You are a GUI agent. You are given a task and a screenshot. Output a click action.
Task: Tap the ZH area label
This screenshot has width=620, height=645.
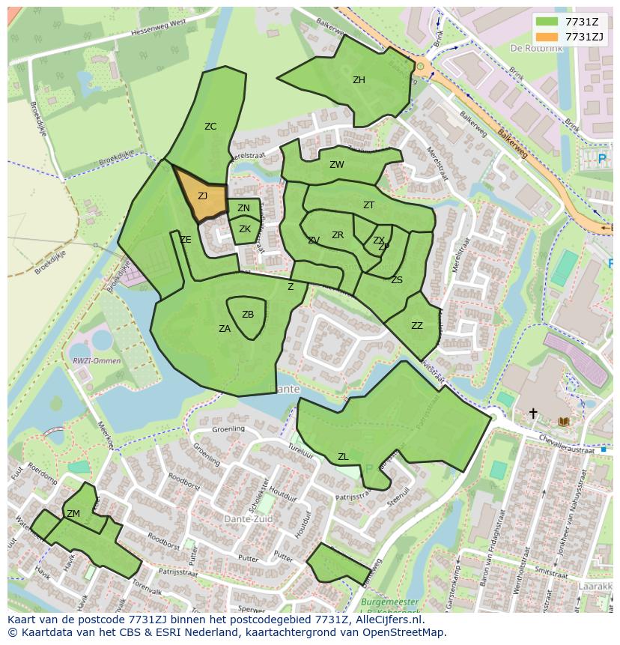pos(359,80)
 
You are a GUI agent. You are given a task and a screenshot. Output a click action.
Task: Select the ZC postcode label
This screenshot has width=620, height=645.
pos(210,127)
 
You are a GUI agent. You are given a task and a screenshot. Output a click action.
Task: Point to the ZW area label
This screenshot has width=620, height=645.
pos(337,165)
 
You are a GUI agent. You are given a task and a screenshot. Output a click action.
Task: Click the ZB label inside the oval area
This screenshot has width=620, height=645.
pos(248,315)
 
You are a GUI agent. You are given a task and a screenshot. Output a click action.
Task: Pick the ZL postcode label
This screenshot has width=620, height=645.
pos(343,457)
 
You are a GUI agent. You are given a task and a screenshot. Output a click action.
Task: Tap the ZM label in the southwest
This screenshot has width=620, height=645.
pos(73,514)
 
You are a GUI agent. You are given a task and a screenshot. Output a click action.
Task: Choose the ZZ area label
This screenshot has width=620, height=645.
pos(417,326)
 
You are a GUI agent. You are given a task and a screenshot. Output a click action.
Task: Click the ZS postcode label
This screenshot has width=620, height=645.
pos(397,280)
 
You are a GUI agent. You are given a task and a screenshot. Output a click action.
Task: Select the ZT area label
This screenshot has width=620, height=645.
pos(368,205)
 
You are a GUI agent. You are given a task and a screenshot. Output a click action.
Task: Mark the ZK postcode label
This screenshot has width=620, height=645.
pos(245,229)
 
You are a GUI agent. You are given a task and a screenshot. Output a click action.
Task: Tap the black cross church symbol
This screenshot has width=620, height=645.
pos(533,413)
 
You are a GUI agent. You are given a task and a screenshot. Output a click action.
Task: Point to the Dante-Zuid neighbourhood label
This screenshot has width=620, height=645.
pos(249,519)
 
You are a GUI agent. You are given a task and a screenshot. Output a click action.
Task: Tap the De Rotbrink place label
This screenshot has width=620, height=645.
pos(536,47)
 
